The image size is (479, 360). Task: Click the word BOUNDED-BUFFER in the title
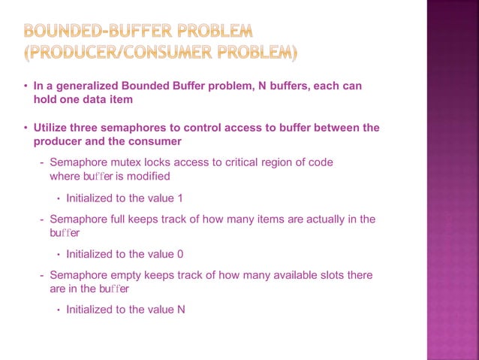pyautogui.click(x=88, y=32)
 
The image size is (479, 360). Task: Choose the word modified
pyautogui.click(x=149, y=177)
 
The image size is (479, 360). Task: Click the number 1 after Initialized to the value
pyautogui.click(x=180, y=198)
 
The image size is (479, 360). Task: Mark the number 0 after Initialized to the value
pyautogui.click(x=180, y=254)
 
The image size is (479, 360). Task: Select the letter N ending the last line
pyautogui.click(x=181, y=309)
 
